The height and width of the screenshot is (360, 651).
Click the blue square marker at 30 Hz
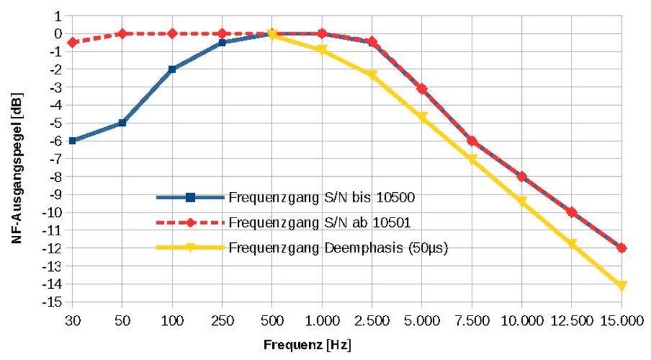click(72, 141)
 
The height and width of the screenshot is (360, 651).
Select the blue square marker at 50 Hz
click(122, 123)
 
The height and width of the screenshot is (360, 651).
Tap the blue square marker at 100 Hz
click(172, 69)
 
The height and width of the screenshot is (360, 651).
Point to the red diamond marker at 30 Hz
click(72, 43)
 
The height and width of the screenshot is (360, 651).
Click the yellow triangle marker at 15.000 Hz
click(622, 286)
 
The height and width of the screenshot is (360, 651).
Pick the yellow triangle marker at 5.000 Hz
click(421, 118)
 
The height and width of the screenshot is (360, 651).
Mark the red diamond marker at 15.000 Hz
click(622, 248)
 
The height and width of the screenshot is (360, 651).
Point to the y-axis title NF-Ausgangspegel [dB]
click(14, 158)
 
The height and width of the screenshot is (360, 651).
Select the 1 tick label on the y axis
click(57, 15)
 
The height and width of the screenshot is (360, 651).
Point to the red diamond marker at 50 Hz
click(122, 33)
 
